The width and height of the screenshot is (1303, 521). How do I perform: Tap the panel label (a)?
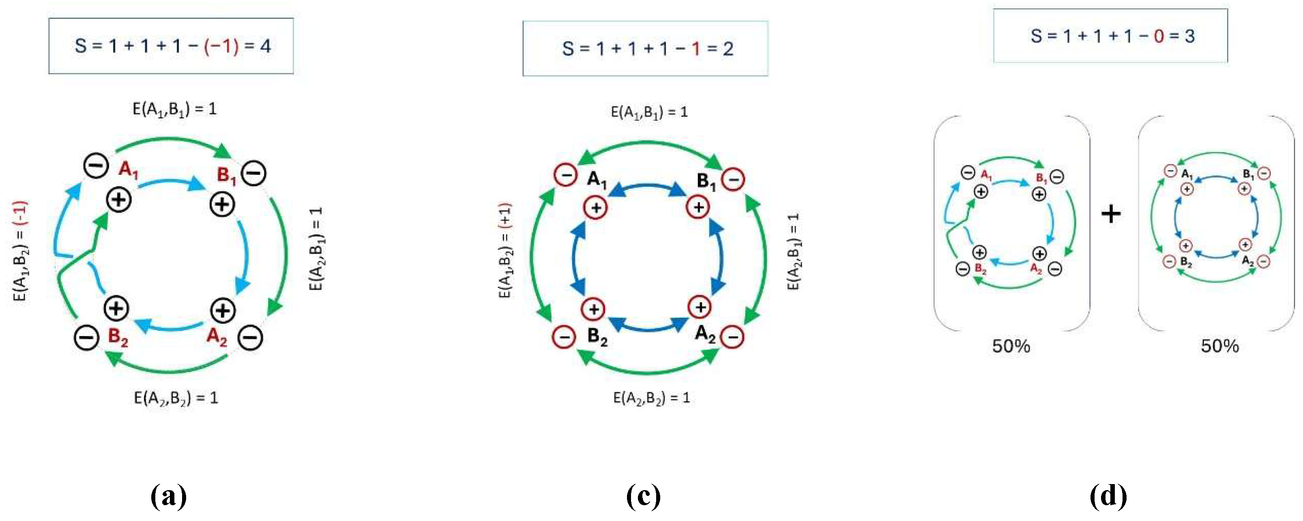click(169, 496)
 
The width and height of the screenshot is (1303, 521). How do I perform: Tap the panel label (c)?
click(644, 496)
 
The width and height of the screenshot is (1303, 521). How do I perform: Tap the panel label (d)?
click(1108, 496)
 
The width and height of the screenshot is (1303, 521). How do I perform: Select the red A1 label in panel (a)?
click(129, 170)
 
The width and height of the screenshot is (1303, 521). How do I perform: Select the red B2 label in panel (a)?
click(118, 337)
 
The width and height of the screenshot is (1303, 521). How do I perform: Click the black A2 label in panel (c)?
click(705, 334)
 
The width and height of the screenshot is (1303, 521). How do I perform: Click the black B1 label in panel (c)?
click(706, 181)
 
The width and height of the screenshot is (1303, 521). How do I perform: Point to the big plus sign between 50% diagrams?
click(1111, 214)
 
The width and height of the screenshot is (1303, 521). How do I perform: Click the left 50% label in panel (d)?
click(1011, 347)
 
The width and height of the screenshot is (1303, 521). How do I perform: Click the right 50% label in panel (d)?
click(1220, 347)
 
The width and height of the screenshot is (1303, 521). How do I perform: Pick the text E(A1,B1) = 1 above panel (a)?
click(174, 109)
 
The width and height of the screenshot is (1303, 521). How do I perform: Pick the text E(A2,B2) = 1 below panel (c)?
click(651, 398)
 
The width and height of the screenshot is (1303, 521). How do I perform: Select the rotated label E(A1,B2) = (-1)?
click(20, 251)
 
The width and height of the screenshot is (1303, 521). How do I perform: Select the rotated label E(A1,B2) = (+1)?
click(505, 251)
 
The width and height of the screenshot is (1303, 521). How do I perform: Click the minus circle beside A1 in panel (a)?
click(96, 166)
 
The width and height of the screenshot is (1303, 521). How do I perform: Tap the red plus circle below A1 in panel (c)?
click(596, 208)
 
